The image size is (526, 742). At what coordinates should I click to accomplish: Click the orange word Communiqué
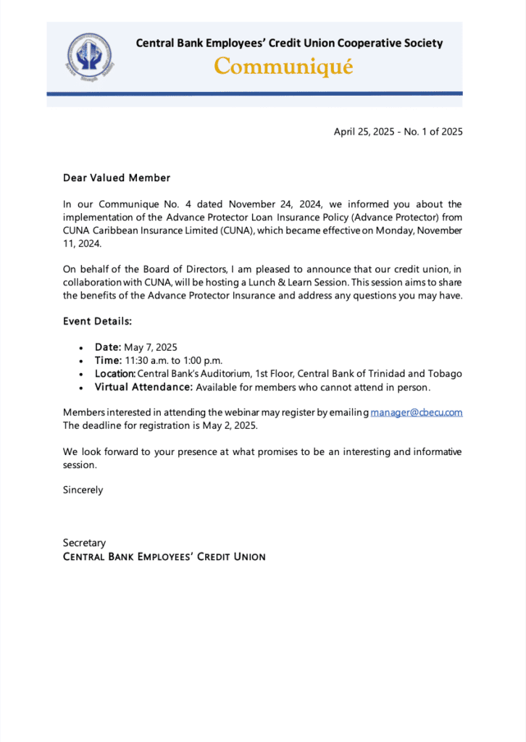click(284, 67)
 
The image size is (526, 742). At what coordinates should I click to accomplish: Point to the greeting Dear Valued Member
click(117, 178)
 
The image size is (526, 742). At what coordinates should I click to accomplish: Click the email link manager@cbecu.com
click(417, 412)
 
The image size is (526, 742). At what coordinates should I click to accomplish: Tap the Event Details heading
click(97, 321)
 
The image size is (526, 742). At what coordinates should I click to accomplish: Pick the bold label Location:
click(115, 374)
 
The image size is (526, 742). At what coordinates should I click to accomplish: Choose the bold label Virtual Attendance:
click(143, 387)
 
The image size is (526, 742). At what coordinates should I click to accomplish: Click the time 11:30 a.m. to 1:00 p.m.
click(172, 360)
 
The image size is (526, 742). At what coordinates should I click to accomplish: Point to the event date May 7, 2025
click(151, 347)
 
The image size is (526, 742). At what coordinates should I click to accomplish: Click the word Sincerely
click(83, 490)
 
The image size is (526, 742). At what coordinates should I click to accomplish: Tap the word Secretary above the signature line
click(84, 543)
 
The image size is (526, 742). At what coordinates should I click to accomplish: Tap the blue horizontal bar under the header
click(254, 93)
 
